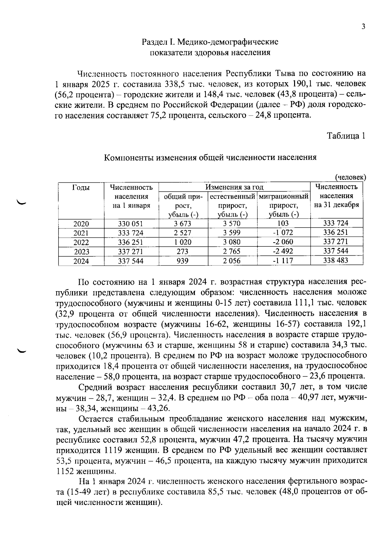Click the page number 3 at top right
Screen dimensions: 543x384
(363, 27)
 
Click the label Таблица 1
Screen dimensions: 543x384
(346, 136)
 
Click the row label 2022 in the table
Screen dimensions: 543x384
(81, 242)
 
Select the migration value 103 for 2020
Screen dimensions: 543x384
(283, 223)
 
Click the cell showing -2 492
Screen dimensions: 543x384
(283, 251)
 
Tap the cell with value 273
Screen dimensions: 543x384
(182, 252)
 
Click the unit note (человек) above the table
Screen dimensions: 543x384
(350, 177)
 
